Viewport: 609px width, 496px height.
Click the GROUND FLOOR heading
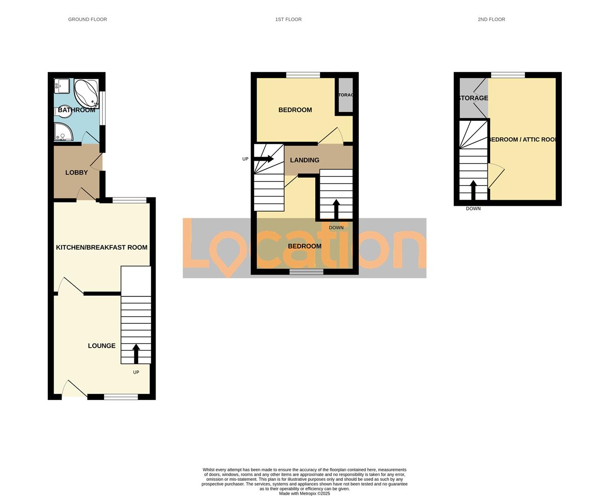pyautogui.click(x=87, y=19)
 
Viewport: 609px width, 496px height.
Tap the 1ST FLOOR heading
pyautogui.click(x=288, y=19)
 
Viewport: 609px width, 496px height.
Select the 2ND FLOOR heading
pyautogui.click(x=491, y=19)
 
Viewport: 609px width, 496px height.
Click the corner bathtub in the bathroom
pyautogui.click(x=86, y=93)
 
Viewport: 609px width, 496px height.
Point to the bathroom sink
pyautogui.click(x=61, y=86)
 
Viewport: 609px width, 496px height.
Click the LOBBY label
pyautogui.click(x=76, y=173)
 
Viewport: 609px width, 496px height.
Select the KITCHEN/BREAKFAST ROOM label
pyautogui.click(x=101, y=248)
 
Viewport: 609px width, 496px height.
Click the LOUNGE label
pyautogui.click(x=101, y=346)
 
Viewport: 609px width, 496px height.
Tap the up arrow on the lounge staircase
pyautogui.click(x=136, y=353)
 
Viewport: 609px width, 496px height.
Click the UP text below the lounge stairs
pyautogui.click(x=136, y=372)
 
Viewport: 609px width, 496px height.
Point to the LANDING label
pyautogui.click(x=304, y=160)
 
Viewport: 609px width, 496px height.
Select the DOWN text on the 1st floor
pyautogui.click(x=336, y=228)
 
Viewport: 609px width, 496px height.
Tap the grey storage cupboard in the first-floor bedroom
pyautogui.click(x=346, y=95)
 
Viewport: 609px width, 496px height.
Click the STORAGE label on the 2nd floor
pyautogui.click(x=473, y=98)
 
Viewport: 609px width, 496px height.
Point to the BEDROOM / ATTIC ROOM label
pyautogui.click(x=523, y=140)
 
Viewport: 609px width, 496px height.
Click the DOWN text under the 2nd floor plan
pyautogui.click(x=473, y=209)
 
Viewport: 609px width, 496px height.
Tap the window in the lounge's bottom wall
pyautogui.click(x=121, y=397)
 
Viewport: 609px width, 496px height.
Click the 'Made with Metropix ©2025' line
pyautogui.click(x=304, y=494)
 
